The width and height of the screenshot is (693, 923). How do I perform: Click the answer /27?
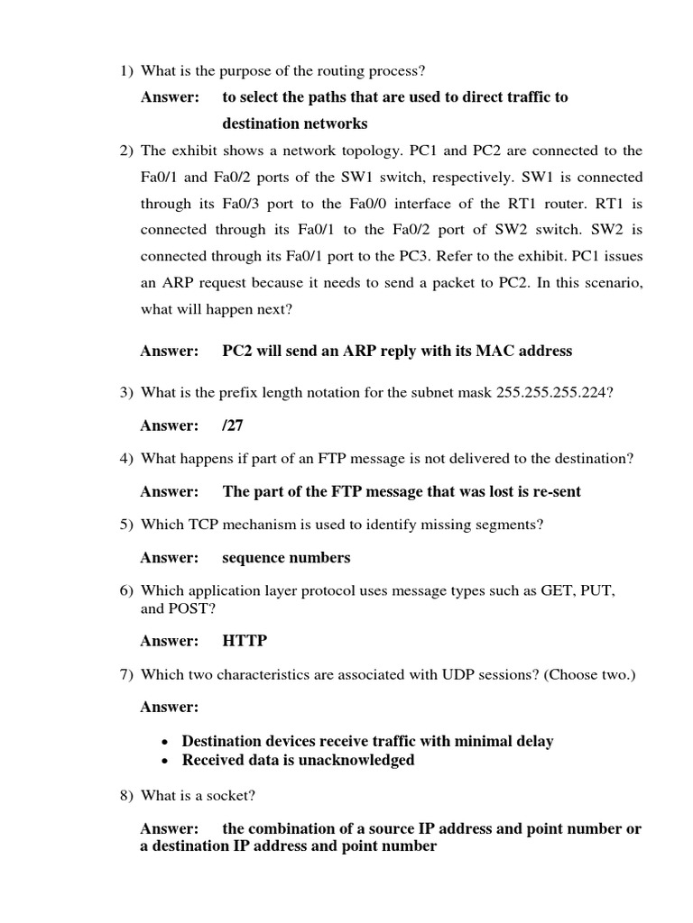click(x=233, y=425)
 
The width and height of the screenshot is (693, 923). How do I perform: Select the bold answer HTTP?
click(x=245, y=641)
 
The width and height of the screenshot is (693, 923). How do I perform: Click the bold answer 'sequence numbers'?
click(x=286, y=558)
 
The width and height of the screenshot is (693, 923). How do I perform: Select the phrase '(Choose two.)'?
click(x=591, y=674)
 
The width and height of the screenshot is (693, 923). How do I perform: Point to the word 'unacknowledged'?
click(x=361, y=760)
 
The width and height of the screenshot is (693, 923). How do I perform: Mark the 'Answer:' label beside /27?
click(x=169, y=425)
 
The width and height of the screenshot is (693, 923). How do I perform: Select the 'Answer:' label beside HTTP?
click(x=169, y=641)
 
